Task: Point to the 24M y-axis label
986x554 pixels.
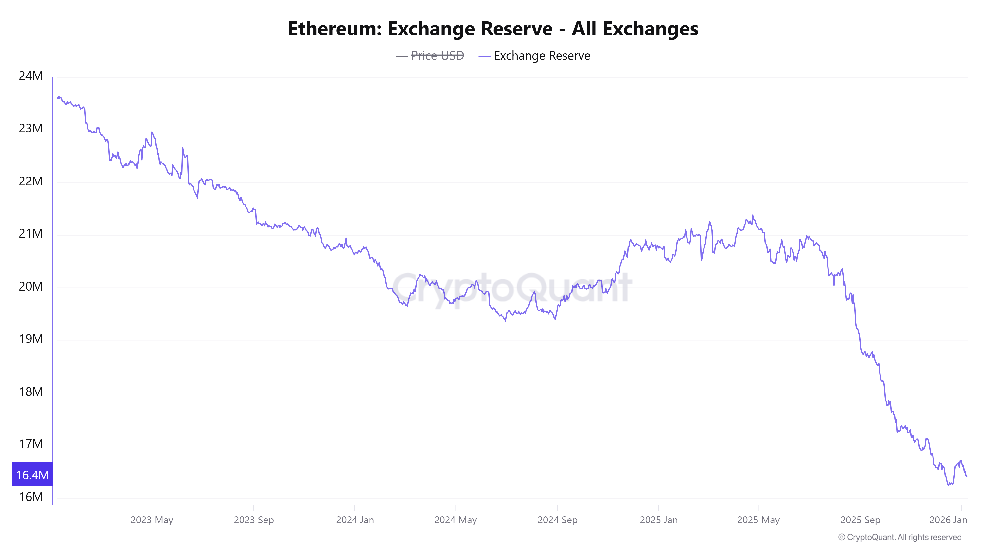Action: pos(31,76)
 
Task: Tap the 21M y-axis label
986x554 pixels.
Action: pos(31,233)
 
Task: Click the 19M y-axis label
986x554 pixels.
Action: pos(31,339)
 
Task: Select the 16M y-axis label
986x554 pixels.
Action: pos(31,497)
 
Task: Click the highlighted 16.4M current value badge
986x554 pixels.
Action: pos(32,474)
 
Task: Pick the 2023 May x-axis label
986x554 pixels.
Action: pos(152,520)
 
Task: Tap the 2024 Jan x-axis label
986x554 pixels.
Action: pos(355,520)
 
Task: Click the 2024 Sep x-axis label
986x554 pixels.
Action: pos(557,520)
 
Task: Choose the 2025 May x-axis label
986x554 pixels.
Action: pos(758,520)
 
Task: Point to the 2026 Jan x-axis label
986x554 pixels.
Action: pos(948,520)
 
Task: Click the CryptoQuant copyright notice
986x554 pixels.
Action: pos(899,537)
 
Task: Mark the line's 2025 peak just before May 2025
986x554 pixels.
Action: pos(753,215)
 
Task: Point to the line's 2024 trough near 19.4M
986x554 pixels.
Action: pos(505,320)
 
